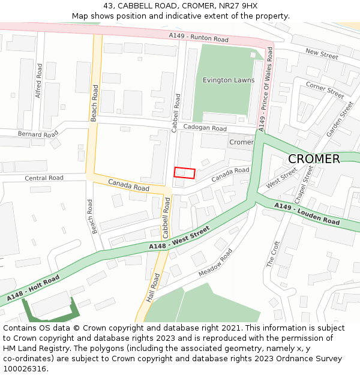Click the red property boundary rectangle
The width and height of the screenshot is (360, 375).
coord(185,173)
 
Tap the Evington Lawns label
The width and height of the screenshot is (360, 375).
coord(228,80)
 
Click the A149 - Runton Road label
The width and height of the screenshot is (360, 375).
coord(199,38)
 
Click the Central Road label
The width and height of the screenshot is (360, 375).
coord(44,178)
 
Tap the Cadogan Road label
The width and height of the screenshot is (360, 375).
coord(205,128)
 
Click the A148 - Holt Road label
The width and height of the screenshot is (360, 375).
coord(34,289)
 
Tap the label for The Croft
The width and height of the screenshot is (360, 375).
coord(273,254)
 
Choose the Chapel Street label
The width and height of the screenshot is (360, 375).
coord(304,184)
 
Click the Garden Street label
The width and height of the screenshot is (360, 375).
coord(340,119)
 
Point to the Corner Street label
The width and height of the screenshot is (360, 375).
coord(325,90)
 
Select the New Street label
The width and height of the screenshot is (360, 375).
coord(322,54)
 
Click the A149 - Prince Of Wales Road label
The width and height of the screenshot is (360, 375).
coord(265,91)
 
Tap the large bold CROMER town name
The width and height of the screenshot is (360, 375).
coord(314,159)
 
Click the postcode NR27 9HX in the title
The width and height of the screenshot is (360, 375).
coord(236,6)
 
